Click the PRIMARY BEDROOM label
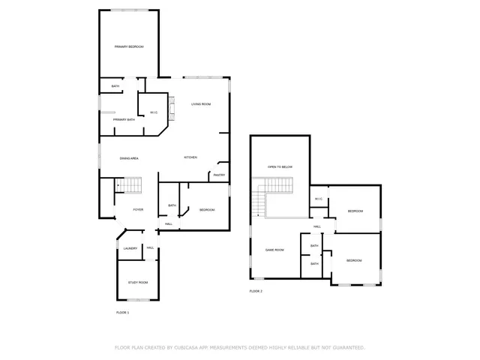tap(129, 47)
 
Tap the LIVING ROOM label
tap(200, 104)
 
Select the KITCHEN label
tap(190, 157)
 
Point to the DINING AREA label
tap(129, 158)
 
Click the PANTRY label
tap(219, 175)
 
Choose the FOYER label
tap(138, 209)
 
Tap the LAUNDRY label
tap(130, 248)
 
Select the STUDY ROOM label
tap(138, 282)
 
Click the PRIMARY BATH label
tap(124, 120)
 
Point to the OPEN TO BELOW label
tap(280, 166)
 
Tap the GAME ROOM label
tap(274, 250)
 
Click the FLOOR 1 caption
tap(122, 312)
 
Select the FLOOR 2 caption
tap(256, 291)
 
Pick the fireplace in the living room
tap(170, 109)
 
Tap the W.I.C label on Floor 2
tap(318, 199)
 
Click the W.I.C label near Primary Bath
tap(153, 112)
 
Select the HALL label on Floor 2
tap(317, 226)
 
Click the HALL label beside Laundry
tap(151, 248)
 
